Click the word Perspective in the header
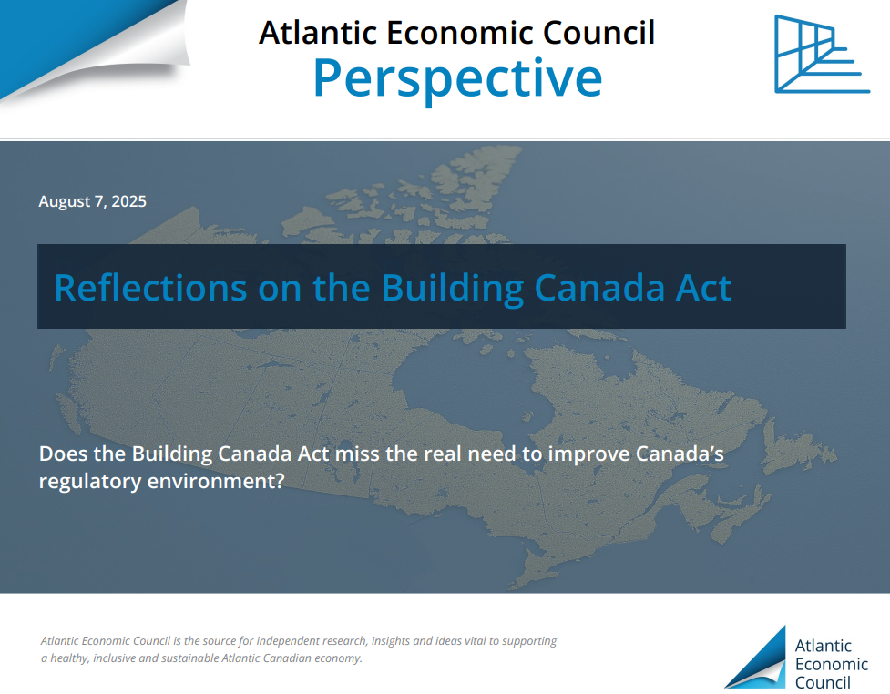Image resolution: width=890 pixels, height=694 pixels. pyautogui.click(x=457, y=78)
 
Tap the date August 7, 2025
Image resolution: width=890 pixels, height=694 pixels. pyautogui.click(x=93, y=201)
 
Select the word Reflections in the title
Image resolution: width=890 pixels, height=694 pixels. pyautogui.click(x=150, y=288)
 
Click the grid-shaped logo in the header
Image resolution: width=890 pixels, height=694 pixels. pyautogui.click(x=822, y=54)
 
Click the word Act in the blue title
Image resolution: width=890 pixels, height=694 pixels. pyautogui.click(x=704, y=288)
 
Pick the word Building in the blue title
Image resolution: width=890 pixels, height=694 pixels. pyautogui.click(x=453, y=289)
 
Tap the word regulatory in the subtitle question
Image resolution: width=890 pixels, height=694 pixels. pyautogui.click(x=90, y=481)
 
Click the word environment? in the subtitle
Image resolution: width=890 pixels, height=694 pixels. pyautogui.click(x=216, y=481)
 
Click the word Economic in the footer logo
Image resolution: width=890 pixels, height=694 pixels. pyautogui.click(x=832, y=664)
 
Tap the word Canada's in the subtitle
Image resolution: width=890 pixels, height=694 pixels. pyautogui.click(x=680, y=454)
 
